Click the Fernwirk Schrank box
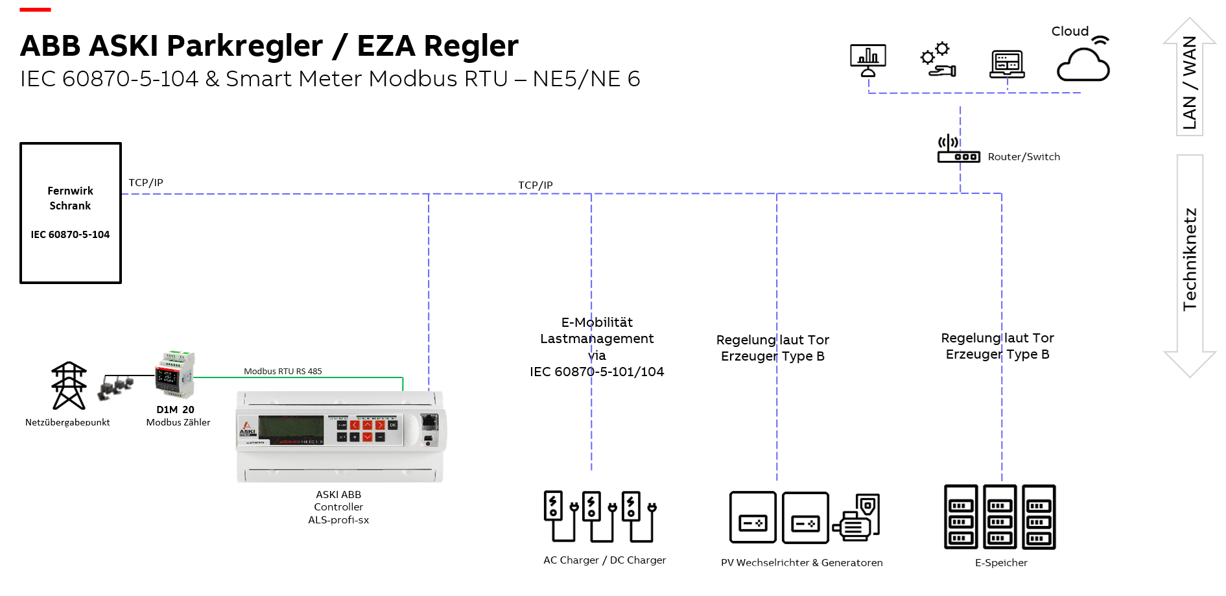pos(71,213)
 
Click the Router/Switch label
pos(1024,157)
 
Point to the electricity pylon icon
pos(69,385)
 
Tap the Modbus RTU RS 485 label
pos(283,372)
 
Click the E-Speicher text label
pos(1001,563)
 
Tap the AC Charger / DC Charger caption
pos(604,560)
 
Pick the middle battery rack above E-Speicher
pos(1000,517)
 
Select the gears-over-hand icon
pos(937,60)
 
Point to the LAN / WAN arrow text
pos(1190,82)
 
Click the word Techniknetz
pos(1190,259)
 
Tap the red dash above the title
pos(35,10)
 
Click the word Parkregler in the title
pos(244,46)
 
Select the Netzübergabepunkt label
pos(67,422)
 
